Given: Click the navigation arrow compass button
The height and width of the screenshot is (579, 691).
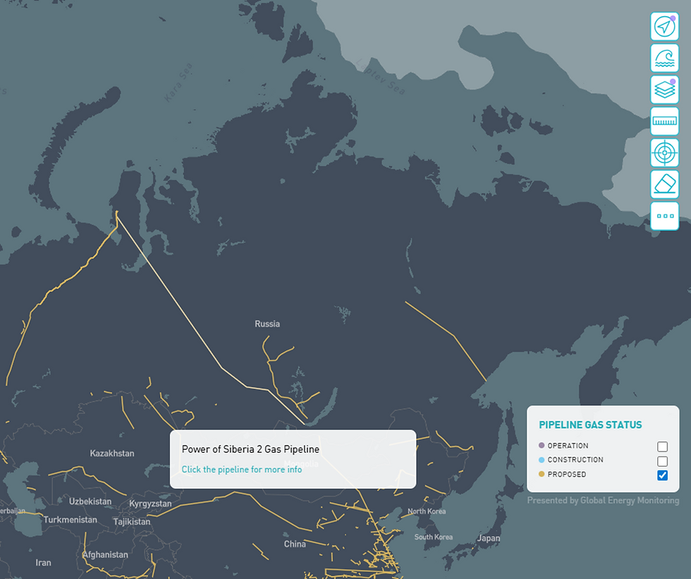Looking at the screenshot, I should tap(664, 27).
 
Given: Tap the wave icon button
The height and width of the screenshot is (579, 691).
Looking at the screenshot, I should tap(664, 58).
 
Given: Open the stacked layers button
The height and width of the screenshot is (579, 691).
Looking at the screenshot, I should tap(664, 90).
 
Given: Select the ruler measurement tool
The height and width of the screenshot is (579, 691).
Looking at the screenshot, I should tap(664, 121).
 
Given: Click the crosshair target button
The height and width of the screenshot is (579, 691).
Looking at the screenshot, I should tap(664, 153).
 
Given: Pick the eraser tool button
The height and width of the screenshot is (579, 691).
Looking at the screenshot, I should tap(664, 184).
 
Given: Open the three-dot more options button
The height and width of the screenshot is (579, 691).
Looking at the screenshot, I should tap(664, 216).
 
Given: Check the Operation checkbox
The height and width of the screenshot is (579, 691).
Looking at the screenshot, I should tap(662, 446).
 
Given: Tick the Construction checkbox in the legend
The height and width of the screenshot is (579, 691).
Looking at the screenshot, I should tap(662, 460).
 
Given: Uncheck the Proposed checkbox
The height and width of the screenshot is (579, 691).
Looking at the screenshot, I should tap(662, 475).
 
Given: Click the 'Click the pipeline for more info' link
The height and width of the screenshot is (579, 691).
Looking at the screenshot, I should tap(242, 470).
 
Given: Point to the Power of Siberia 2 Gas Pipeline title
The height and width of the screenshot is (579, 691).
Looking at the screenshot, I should tap(250, 449).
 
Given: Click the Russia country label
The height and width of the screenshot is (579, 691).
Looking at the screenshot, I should tap(267, 324).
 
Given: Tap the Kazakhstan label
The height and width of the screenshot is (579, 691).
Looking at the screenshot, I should tap(112, 453).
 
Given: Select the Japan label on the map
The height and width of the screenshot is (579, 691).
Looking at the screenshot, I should tap(489, 538).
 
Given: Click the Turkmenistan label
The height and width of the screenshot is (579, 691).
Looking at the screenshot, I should tap(71, 520).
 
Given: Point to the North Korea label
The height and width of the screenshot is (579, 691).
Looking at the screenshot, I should tap(427, 511).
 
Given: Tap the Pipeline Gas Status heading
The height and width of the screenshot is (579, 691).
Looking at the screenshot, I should tap(590, 425).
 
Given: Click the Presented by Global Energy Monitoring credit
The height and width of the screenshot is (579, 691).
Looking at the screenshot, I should tap(603, 501).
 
